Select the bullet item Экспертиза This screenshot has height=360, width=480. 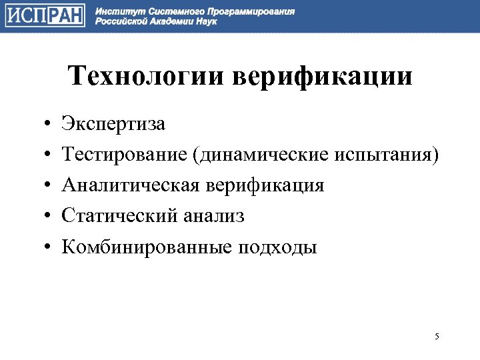point(113,125)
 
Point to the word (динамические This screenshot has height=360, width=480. point(257,155)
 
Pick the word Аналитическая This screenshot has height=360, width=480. point(130,186)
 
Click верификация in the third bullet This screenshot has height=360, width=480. point(265,186)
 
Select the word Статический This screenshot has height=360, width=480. point(119,217)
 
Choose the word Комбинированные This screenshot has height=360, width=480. point(146,247)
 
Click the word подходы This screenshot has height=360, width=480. point(277,247)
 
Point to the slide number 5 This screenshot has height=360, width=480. point(437,336)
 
